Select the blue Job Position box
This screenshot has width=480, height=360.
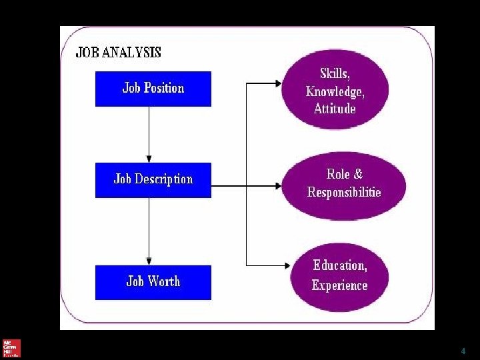pos(153,89)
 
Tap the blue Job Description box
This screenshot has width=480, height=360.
pos(153,179)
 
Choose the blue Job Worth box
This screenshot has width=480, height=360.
pos(153,282)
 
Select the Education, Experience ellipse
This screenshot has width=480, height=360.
pos(340,277)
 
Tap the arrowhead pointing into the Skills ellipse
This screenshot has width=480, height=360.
pos(278,83)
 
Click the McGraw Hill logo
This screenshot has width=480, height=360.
pos(11,348)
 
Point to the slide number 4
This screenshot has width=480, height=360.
pos(463,351)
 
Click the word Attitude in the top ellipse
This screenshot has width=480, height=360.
pos(335,109)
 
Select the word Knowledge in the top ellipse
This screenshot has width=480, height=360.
pos(335,91)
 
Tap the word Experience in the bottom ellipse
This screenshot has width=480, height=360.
pos(339,286)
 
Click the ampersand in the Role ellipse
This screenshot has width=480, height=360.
pos(358,175)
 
